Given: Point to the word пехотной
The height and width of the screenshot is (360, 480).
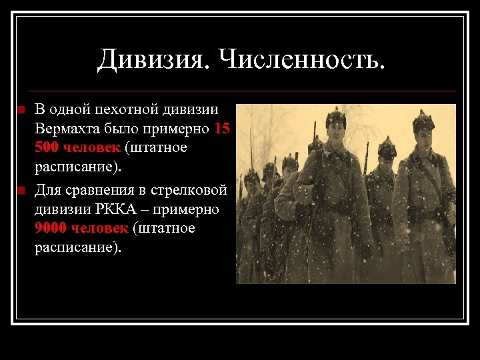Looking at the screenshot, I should pyautogui.click(x=123, y=109).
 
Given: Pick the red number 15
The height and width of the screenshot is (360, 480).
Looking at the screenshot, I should pyautogui.click(x=223, y=127).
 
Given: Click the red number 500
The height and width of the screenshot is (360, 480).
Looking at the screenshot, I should pyautogui.click(x=48, y=147).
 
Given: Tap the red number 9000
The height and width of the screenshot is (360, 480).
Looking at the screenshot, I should pyautogui.click(x=51, y=228).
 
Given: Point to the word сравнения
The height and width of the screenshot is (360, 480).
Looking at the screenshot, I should pyautogui.click(x=93, y=190).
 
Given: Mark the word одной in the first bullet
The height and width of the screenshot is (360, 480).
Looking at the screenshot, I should pyautogui.click(x=69, y=109).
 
